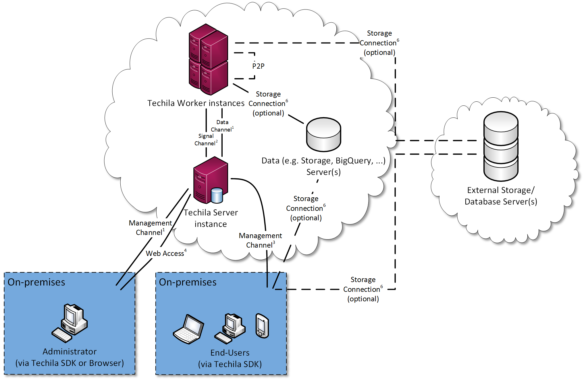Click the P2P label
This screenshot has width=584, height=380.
click(x=258, y=66)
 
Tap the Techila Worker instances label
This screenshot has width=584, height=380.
click(x=196, y=103)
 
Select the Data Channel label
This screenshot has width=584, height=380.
click(x=222, y=126)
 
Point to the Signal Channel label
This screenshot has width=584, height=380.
click(x=206, y=140)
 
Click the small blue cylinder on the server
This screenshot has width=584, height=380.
click(x=217, y=195)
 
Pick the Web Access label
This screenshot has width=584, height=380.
click(x=166, y=253)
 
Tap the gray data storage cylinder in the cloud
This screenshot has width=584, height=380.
click(x=323, y=134)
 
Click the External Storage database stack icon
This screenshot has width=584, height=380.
click(x=501, y=146)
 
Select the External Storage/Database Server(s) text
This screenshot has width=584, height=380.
click(x=501, y=196)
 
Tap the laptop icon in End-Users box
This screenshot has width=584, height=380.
click(x=188, y=329)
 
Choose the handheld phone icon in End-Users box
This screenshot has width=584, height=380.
click(x=262, y=326)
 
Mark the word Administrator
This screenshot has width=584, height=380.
click(x=70, y=352)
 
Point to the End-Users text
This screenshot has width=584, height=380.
click(x=230, y=353)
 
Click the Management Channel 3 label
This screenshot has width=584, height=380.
click(x=260, y=240)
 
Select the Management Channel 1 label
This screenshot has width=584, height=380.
click(x=150, y=228)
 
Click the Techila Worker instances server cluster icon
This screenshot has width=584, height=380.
click(x=208, y=59)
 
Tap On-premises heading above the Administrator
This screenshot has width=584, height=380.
click(x=36, y=282)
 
